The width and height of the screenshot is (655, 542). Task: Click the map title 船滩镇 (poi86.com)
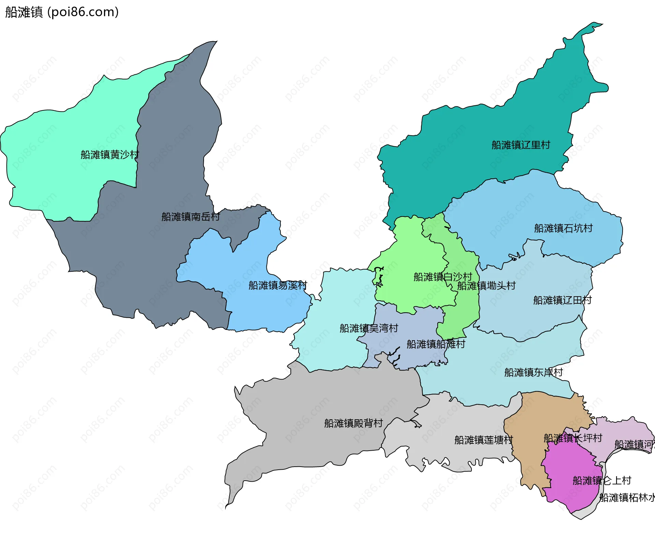tap(62, 12)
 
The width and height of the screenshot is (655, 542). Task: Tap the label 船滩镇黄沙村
tap(110, 155)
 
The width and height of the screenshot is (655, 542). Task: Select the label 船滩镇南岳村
tap(190, 217)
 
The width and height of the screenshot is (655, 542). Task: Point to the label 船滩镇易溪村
tap(277, 285)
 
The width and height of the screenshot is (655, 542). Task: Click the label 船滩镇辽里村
tap(521, 145)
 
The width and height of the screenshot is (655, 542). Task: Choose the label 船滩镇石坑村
tap(563, 228)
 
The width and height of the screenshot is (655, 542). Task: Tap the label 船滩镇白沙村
tap(442, 277)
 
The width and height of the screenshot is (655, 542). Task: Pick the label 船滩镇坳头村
tap(486, 286)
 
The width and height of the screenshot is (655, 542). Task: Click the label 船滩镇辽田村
tap(562, 300)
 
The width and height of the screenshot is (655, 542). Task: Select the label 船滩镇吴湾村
tap(369, 328)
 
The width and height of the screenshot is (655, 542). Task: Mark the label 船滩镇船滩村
tap(436, 344)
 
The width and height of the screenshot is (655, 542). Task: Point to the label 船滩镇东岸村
tap(533, 372)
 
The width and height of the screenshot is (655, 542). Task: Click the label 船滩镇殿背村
tap(353, 423)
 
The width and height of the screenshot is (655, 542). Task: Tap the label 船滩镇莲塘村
tap(483, 440)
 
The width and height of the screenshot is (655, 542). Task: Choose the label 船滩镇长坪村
tap(573, 438)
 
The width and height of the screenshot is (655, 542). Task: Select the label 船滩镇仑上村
tap(602, 481)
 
